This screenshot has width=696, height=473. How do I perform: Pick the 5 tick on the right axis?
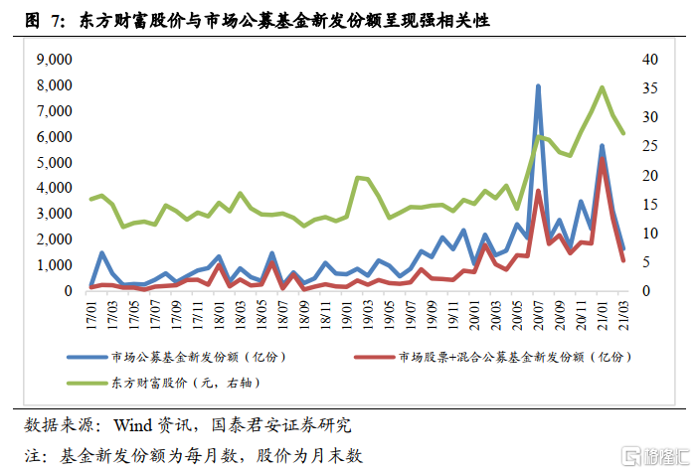645,262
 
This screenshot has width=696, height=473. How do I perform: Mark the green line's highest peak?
602,87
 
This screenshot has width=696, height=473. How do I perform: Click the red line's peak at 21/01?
602,159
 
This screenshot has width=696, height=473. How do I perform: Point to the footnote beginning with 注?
194,455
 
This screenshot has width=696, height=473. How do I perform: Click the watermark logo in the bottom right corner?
652,457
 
